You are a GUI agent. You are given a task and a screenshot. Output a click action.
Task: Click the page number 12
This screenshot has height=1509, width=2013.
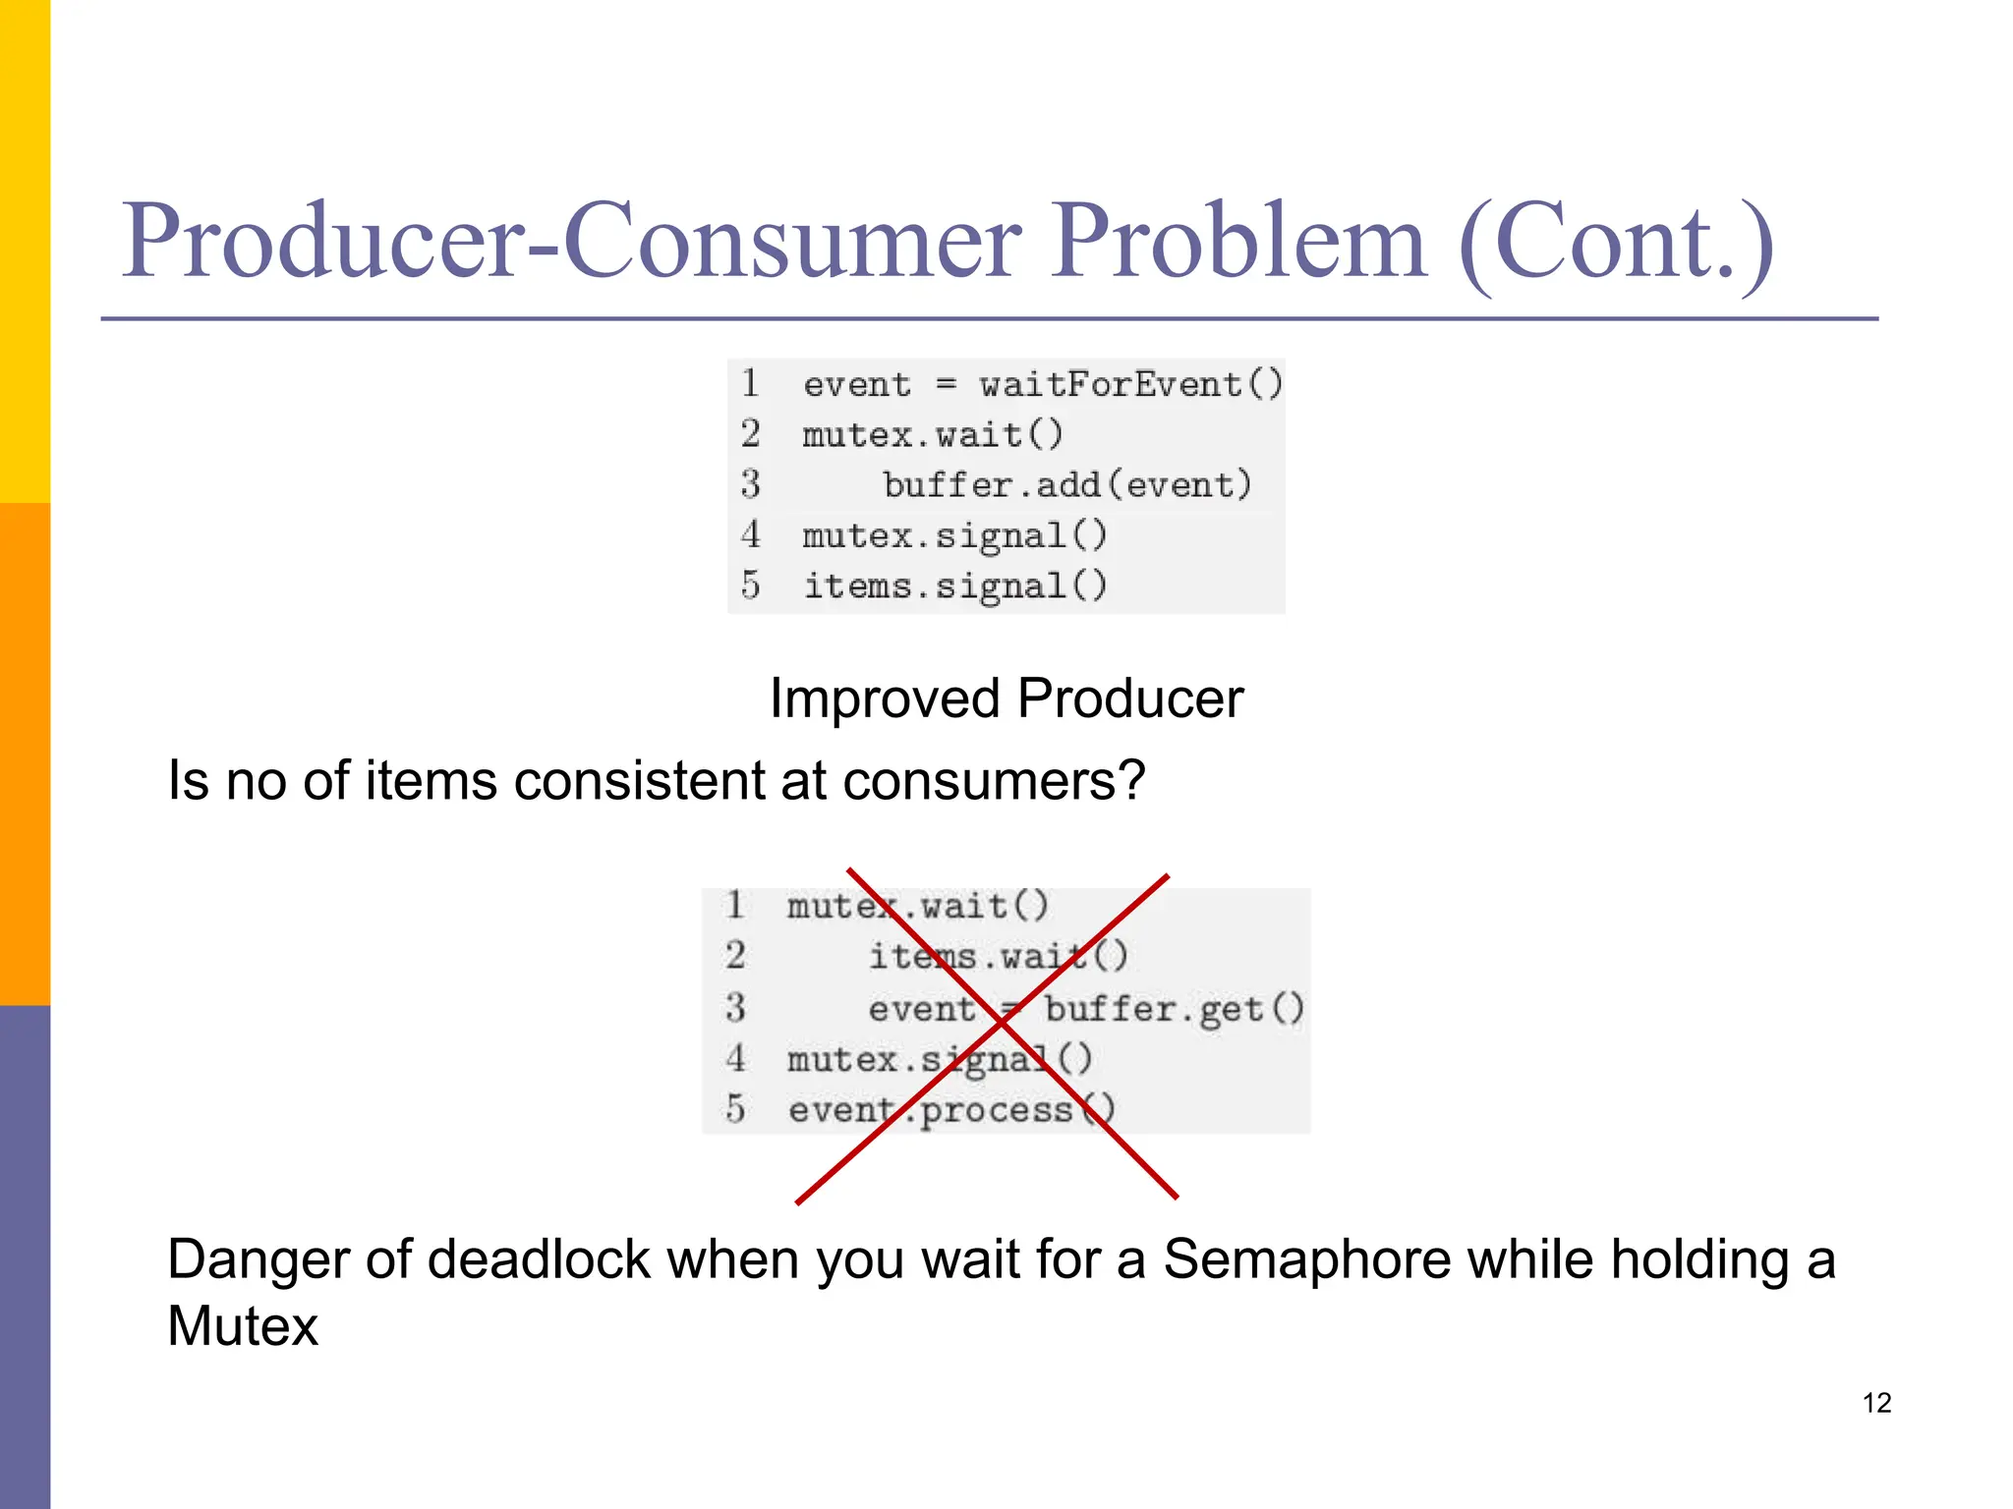[1876, 1403]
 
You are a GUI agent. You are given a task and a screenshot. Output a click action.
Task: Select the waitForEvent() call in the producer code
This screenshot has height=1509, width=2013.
[1130, 384]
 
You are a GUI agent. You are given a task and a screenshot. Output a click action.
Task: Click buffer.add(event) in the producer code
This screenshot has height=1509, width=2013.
[1066, 484]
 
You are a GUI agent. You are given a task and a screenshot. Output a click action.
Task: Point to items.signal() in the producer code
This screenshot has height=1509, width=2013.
[954, 586]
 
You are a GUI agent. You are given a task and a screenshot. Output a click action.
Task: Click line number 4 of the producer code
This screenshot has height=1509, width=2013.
[751, 535]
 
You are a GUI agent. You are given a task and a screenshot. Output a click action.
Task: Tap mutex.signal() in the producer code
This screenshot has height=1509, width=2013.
[954, 535]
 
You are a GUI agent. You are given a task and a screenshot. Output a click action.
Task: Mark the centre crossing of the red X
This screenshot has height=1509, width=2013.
[1001, 1023]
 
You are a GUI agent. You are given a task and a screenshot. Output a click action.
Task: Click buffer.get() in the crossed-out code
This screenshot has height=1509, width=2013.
[1174, 1009]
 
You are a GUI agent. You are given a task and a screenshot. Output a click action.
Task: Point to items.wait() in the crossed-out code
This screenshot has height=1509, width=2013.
[998, 956]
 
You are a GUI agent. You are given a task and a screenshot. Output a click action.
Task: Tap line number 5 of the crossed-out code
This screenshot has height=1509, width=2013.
[735, 1110]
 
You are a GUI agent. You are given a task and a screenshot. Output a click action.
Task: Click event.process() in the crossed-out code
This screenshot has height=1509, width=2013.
[951, 1110]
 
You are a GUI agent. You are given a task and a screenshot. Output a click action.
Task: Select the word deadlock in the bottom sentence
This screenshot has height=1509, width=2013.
[539, 1259]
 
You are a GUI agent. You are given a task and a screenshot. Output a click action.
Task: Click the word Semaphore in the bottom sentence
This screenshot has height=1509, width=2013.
[1307, 1259]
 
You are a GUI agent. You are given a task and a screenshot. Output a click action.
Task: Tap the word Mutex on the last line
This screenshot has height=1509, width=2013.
[243, 1326]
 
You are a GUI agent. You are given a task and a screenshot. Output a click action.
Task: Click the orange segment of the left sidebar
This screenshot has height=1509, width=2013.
[25, 754]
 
